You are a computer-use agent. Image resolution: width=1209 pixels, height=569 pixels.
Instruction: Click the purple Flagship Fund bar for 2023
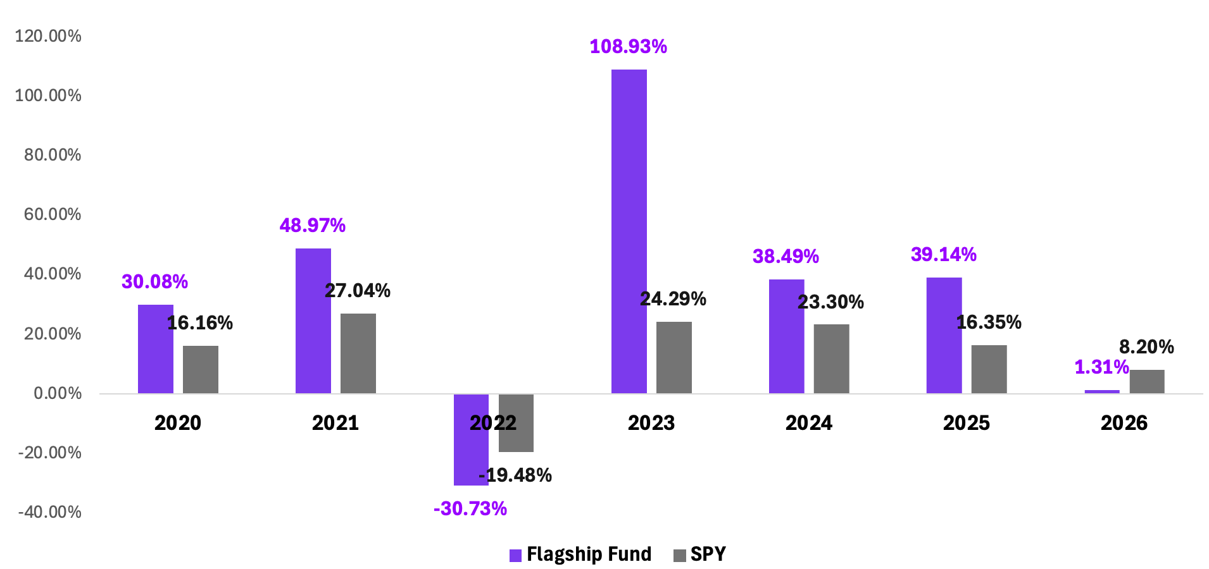pyautogui.click(x=629, y=231)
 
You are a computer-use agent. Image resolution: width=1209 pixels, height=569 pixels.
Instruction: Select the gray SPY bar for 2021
pyautogui.click(x=358, y=353)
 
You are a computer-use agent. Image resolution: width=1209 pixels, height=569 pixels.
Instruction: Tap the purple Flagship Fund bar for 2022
pyautogui.click(x=471, y=439)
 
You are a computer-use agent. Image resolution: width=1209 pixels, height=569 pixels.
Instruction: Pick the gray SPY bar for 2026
pyautogui.click(x=1147, y=381)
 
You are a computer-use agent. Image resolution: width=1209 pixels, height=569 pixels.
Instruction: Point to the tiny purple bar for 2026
pyautogui.click(x=1102, y=391)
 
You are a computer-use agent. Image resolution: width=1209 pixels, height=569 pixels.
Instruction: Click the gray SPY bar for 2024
pyautogui.click(x=832, y=358)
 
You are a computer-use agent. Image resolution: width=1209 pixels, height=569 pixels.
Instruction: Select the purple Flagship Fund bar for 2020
pyautogui.click(x=156, y=349)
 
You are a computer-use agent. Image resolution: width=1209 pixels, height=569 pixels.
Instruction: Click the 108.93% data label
pyautogui.click(x=629, y=47)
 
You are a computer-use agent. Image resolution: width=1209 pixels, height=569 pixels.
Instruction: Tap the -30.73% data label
pyautogui.click(x=470, y=509)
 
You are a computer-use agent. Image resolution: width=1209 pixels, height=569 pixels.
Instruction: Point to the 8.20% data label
pyautogui.click(x=1146, y=347)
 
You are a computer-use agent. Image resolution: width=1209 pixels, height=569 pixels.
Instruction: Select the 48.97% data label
pyautogui.click(x=313, y=226)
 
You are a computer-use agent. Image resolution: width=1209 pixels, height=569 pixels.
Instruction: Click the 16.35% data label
pyautogui.click(x=989, y=322)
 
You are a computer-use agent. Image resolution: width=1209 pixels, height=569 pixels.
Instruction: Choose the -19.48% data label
pyautogui.click(x=515, y=475)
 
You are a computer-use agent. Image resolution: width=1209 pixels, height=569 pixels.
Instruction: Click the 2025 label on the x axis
pyautogui.click(x=967, y=423)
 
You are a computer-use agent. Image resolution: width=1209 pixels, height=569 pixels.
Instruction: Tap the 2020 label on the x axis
pyautogui.click(x=178, y=423)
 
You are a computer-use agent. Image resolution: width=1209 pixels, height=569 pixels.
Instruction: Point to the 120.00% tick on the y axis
pyautogui.click(x=48, y=36)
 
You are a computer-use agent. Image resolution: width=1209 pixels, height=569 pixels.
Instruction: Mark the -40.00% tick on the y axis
pyautogui.click(x=50, y=512)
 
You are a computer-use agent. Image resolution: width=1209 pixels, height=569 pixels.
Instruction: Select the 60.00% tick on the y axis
pyautogui.click(x=53, y=214)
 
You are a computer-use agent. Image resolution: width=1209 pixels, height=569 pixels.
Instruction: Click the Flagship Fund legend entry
pyautogui.click(x=580, y=554)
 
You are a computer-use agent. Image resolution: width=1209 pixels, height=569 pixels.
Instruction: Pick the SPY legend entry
pyautogui.click(x=699, y=554)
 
